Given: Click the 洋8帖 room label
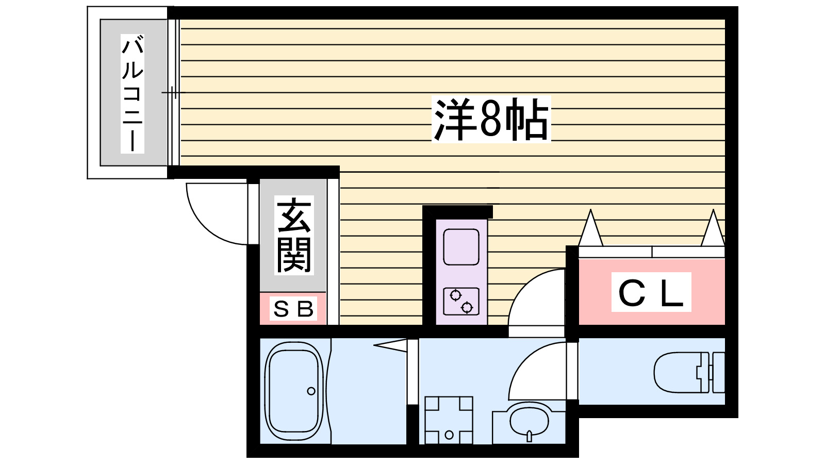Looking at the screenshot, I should pyautogui.click(x=491, y=119).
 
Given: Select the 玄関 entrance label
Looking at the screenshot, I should pyautogui.click(x=294, y=235).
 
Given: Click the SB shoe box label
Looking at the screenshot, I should pyautogui.click(x=293, y=309).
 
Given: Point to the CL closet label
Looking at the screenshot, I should pyautogui.click(x=651, y=293).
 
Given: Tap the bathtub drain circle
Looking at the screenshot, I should pyautogui.click(x=311, y=391).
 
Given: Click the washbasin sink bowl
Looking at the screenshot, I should pyautogui.click(x=529, y=420).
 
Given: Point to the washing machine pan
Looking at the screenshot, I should pyautogui.click(x=449, y=420).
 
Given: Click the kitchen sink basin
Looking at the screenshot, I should pyautogui.click(x=461, y=247).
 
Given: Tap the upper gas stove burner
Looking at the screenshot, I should pyautogui.click(x=455, y=295).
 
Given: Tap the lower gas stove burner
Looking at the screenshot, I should pyautogui.click(x=467, y=308).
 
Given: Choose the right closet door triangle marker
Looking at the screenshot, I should pyautogui.click(x=714, y=229).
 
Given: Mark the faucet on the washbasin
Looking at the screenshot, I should pyautogui.click(x=530, y=436).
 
